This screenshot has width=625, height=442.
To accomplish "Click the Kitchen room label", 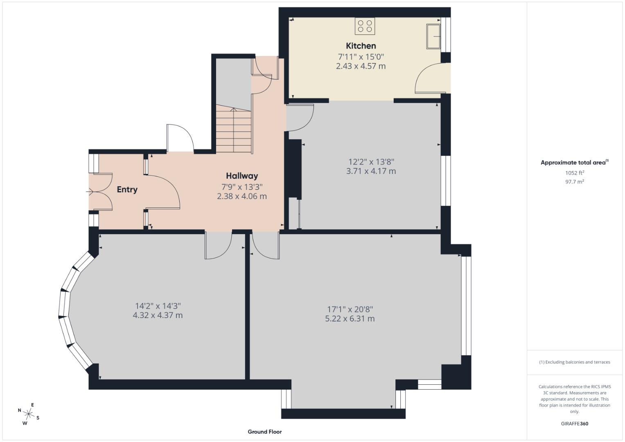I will (x=361, y=46).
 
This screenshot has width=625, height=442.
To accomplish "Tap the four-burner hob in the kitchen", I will (x=365, y=26).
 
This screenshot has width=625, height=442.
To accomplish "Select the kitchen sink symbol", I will (x=433, y=36).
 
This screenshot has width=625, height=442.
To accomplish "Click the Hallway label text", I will (x=242, y=176).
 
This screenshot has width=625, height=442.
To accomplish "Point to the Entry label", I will (x=127, y=189).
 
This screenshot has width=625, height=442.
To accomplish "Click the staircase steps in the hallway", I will (x=233, y=129).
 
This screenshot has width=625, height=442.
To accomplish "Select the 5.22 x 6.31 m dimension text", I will (x=350, y=319).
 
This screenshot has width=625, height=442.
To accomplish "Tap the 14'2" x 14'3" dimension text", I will (x=158, y=306).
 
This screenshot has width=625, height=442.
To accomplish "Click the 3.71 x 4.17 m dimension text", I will (x=371, y=171).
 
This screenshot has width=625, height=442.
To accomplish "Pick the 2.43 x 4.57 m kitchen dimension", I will (x=361, y=66).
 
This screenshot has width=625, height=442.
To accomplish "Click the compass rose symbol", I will (x=28, y=413).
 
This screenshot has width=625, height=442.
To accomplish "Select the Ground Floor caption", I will (x=264, y=432).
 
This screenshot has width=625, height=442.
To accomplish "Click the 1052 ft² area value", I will (x=575, y=173).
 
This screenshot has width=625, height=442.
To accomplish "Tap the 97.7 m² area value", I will (x=575, y=182).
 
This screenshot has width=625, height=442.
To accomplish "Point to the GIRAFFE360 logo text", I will (x=575, y=424).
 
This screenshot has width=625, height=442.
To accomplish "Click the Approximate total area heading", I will (x=574, y=162).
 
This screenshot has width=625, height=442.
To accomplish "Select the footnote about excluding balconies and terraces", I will (x=575, y=362).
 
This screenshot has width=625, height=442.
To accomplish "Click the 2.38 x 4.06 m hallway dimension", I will (x=242, y=196).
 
